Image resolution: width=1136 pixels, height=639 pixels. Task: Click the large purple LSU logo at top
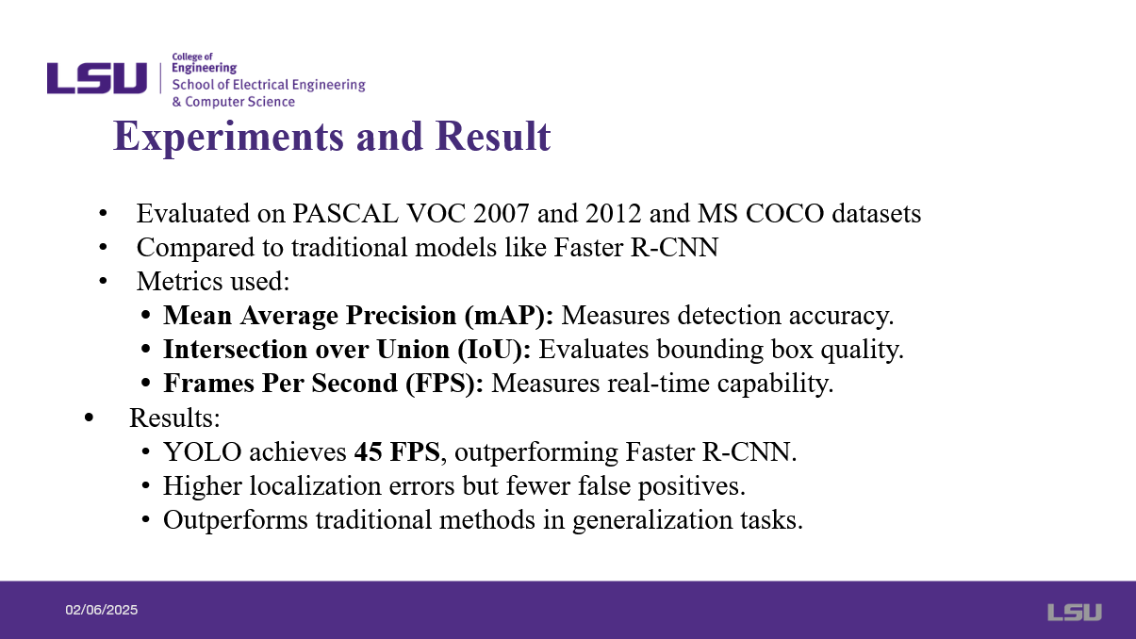pos(97,78)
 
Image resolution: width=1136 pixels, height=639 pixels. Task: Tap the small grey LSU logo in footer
pos(1075,612)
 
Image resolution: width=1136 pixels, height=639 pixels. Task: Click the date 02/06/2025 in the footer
pos(102,610)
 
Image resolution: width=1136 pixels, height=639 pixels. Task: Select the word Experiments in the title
pos(228,137)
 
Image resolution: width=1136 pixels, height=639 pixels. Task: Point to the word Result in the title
pos(493,136)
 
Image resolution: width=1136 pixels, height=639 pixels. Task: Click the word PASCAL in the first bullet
pos(345,214)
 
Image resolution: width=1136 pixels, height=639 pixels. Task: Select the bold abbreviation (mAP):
pos(509,316)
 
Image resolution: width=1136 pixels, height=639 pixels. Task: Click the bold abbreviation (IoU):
pos(494,350)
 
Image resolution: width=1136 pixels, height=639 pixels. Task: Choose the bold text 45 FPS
pos(397,451)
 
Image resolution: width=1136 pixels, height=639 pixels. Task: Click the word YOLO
pos(202,451)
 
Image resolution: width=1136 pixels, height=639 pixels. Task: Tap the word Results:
pos(175,418)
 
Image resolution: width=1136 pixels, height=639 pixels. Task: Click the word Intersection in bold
pos(236,350)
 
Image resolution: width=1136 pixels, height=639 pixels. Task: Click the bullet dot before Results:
pos(89,418)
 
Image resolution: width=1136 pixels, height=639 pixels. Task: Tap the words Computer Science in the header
pos(239,102)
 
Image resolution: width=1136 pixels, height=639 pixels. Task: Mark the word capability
pos(776,384)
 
